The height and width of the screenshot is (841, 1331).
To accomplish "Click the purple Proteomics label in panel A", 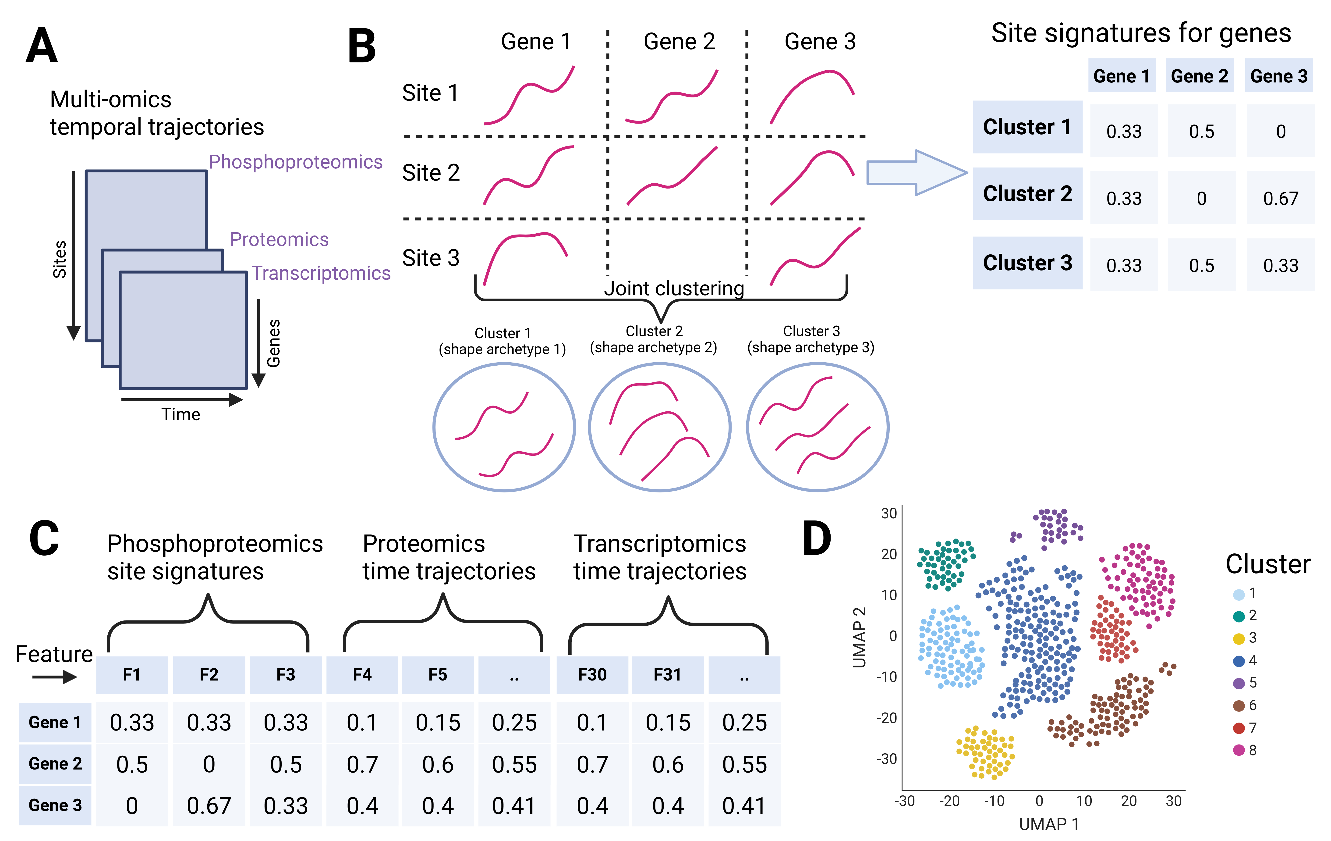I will click(x=279, y=239).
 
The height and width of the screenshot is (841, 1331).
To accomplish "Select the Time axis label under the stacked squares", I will click(x=181, y=414).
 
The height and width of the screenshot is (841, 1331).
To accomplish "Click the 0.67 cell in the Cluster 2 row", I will click(x=1280, y=198).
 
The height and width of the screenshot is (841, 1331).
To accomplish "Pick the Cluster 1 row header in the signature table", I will click(x=1027, y=127).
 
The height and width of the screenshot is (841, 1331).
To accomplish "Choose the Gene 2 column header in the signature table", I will click(x=1200, y=76).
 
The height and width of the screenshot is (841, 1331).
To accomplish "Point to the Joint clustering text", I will click(x=674, y=288).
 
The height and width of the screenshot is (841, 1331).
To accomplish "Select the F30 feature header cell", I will click(x=592, y=675).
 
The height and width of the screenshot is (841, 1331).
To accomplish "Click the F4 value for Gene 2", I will click(x=362, y=764).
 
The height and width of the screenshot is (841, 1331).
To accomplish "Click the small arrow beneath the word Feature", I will click(x=54, y=677).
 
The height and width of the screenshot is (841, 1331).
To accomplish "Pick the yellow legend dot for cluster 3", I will click(x=1239, y=639).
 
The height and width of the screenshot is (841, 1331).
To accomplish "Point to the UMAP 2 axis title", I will click(x=859, y=637).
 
